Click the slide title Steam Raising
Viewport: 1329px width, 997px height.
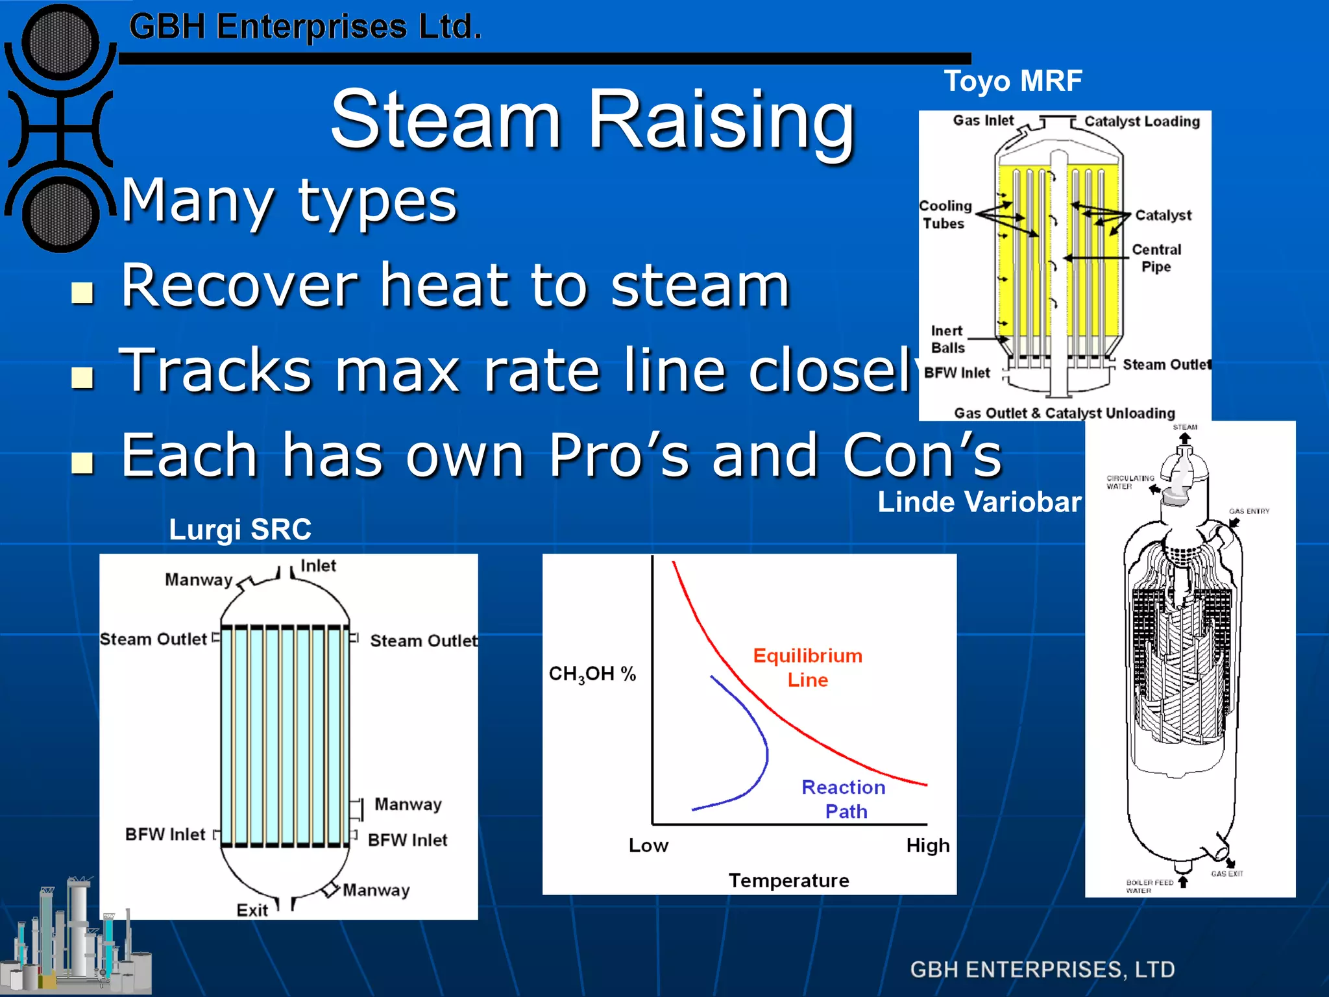[x=592, y=120]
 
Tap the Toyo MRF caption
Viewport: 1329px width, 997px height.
[x=1012, y=81]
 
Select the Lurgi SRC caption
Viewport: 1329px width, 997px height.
[x=240, y=529]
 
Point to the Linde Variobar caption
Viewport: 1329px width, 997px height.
[x=979, y=502]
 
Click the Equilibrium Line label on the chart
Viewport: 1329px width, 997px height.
[x=807, y=667]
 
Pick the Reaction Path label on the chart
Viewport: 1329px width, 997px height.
[x=844, y=799]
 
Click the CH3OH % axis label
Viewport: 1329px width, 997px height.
[x=592, y=674]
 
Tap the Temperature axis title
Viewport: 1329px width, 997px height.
[x=788, y=880]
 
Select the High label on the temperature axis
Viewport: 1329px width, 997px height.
[x=927, y=845]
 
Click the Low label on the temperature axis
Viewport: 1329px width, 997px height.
[x=648, y=845]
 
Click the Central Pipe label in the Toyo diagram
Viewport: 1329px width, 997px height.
[x=1156, y=258]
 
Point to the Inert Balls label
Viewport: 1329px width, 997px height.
[x=947, y=339]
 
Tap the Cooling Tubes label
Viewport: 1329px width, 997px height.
[x=945, y=214]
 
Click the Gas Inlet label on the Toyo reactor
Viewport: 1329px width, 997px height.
[x=982, y=120]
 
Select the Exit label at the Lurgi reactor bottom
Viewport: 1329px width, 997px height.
[x=252, y=910]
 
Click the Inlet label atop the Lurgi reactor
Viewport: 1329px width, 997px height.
[x=318, y=565]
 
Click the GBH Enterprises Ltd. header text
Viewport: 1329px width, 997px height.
[x=305, y=27]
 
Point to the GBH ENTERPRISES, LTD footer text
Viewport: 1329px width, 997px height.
[x=1042, y=969]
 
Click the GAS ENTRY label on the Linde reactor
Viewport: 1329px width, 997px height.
[x=1249, y=511]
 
